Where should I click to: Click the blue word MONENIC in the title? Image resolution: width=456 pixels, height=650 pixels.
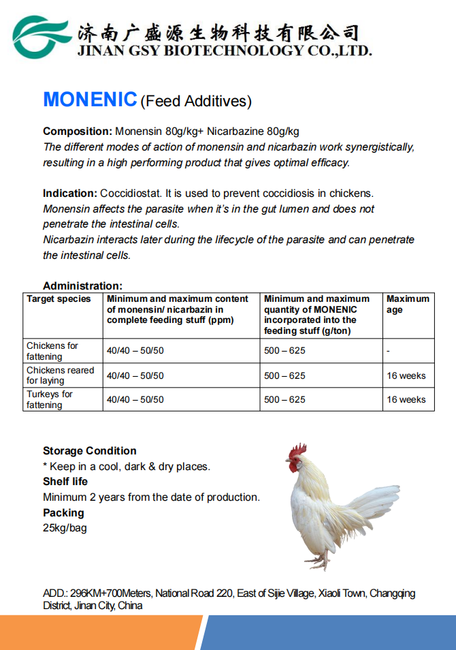90,99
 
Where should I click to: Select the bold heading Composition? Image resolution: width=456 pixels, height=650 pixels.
77,131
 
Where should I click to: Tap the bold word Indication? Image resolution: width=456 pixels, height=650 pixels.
70,194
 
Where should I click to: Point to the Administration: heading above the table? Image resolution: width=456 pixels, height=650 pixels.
82,286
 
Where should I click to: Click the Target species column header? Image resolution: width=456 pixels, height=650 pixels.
59,299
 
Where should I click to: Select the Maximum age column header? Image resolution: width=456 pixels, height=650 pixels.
408,304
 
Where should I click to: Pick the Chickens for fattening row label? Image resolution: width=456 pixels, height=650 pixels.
52,351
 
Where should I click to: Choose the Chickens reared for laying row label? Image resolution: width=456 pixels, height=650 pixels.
60,375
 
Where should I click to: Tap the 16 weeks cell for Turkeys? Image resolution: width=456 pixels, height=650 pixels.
406,400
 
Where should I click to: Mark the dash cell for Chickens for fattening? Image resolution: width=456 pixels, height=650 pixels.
387,351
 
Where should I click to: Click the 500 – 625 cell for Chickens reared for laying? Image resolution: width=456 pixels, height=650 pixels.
284,375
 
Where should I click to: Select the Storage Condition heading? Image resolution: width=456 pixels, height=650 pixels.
89,451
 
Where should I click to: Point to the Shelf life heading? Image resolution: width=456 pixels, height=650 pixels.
65,482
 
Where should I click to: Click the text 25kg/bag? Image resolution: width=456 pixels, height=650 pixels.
65,528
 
